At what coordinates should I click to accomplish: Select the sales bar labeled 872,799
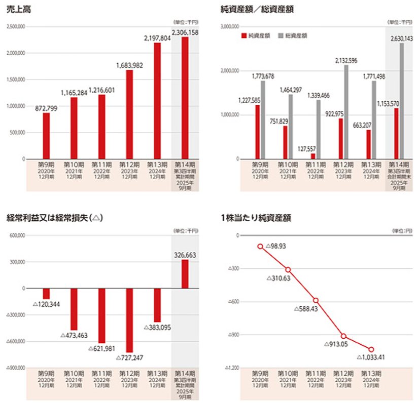pyautogui.click(x=46, y=136)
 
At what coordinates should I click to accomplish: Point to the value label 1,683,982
pyautogui.click(x=129, y=65)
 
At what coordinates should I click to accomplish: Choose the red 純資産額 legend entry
pyautogui.click(x=256, y=36)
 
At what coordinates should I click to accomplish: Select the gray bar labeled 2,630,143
pyautogui.click(x=402, y=101)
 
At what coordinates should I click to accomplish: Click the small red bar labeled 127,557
pyautogui.click(x=313, y=156)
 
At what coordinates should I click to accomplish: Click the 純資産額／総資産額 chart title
pyautogui.click(x=251, y=9)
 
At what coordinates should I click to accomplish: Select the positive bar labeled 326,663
pyautogui.click(x=185, y=274)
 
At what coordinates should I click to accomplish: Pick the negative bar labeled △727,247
pyautogui.click(x=129, y=320)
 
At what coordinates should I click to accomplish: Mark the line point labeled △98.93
pyautogui.click(x=260, y=246)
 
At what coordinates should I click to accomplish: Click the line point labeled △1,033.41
pyautogui.click(x=371, y=349)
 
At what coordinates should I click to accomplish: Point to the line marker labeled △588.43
pyautogui.click(x=316, y=300)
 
